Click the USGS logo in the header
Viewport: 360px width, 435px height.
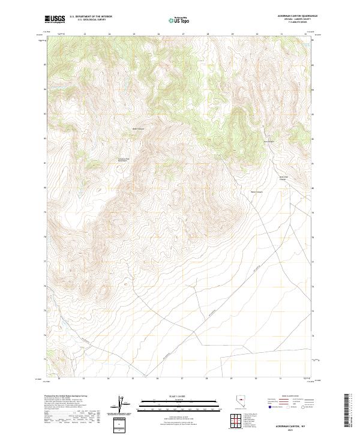pyautogui.click(x=55, y=20)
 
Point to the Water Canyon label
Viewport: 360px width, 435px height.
pyautogui.click(x=256, y=193)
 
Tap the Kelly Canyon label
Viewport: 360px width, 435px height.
pyautogui.click(x=139, y=128)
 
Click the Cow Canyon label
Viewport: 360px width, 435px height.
pyautogui.click(x=269, y=142)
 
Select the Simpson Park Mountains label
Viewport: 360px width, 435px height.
pyautogui.click(x=122, y=160)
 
